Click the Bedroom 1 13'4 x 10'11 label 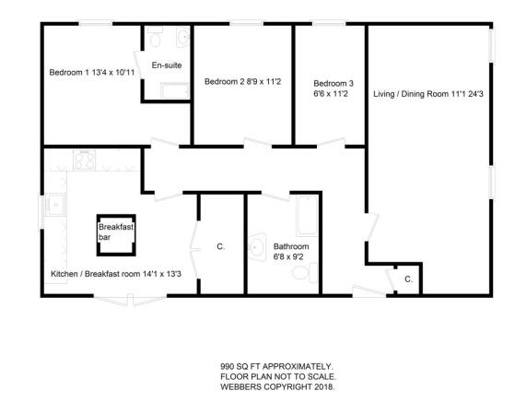click(92, 72)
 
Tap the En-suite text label click(167, 65)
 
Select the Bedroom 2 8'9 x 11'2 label click(242, 81)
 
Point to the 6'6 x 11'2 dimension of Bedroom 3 click(331, 94)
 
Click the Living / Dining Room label click(411, 94)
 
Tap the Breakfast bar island click(116, 235)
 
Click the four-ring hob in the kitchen click(85, 160)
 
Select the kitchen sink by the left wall click(55, 205)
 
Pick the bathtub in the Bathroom click(307, 216)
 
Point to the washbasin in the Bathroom click(258, 247)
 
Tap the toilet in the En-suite click(155, 37)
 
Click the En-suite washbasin click(182, 37)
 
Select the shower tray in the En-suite click(175, 90)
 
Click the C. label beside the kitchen click(221, 246)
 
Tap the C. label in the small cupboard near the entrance click(408, 279)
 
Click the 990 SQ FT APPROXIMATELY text click(277, 366)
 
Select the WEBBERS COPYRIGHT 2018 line click(277, 386)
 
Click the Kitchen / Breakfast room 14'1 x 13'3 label click(116, 274)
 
